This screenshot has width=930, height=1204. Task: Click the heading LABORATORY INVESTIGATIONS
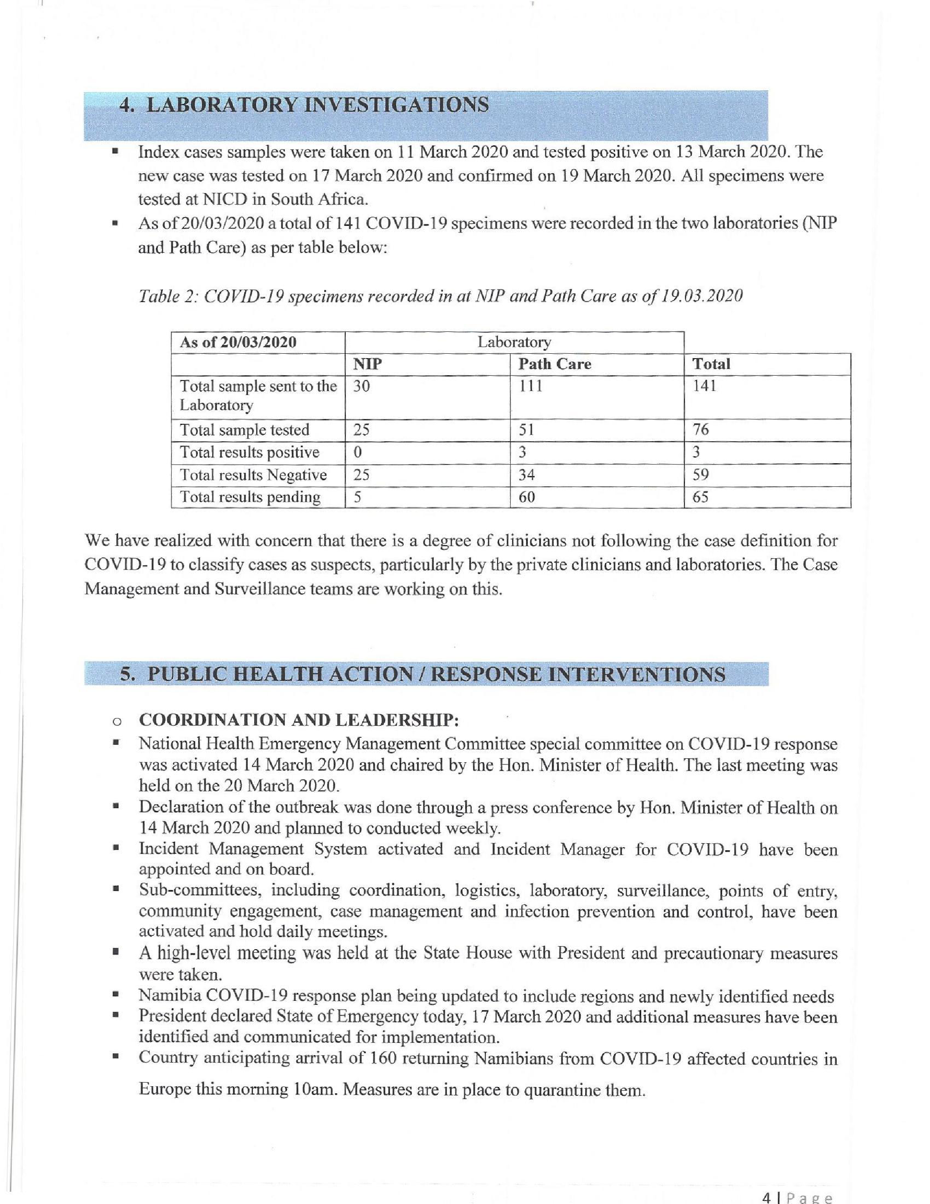(304, 105)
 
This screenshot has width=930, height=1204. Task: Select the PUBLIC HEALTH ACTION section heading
(423, 674)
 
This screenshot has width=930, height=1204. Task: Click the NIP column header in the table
(368, 364)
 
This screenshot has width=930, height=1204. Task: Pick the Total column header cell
(711, 364)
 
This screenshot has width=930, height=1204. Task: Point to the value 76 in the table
(700, 429)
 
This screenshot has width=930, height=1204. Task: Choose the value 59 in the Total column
(700, 475)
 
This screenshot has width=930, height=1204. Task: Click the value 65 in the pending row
(700, 497)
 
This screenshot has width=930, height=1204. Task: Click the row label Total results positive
(249, 453)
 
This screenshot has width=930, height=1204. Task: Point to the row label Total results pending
(250, 497)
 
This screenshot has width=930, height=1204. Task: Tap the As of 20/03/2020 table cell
(238, 342)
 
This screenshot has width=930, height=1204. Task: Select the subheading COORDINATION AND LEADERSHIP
(299, 720)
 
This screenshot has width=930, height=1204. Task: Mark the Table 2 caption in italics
(440, 296)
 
